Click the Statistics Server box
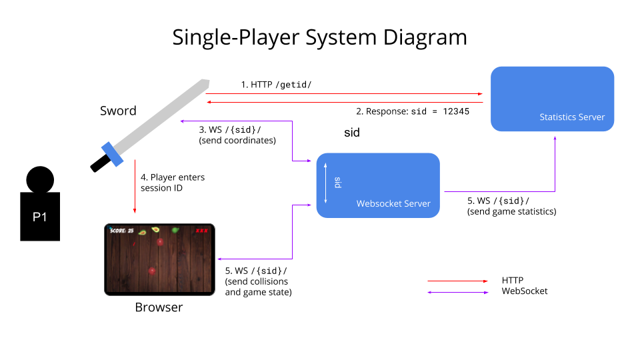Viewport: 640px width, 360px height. pyautogui.click(x=552, y=99)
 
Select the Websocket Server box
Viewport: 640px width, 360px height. pyautogui.click(x=378, y=185)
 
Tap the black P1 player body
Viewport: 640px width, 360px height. pyautogui.click(x=39, y=216)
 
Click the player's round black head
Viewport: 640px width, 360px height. pyautogui.click(x=40, y=179)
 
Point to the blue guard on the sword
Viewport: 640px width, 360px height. pyautogui.click(x=113, y=153)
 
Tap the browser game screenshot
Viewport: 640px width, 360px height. pyautogui.click(x=159, y=259)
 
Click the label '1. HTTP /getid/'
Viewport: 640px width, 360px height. pyautogui.click(x=276, y=85)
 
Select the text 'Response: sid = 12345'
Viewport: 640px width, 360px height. pyautogui.click(x=413, y=111)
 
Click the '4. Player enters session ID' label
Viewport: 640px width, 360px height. pyautogui.click(x=173, y=182)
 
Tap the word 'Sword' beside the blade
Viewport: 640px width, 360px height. pyautogui.click(x=118, y=111)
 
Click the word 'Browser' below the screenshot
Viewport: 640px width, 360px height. pyautogui.click(x=159, y=307)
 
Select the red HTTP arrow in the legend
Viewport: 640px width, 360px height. pyautogui.click(x=457, y=281)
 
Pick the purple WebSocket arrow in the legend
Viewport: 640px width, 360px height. pyautogui.click(x=457, y=291)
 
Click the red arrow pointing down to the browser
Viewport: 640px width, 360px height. pyautogui.click(x=135, y=187)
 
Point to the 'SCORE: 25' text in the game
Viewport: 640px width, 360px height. pyautogui.click(x=121, y=231)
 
